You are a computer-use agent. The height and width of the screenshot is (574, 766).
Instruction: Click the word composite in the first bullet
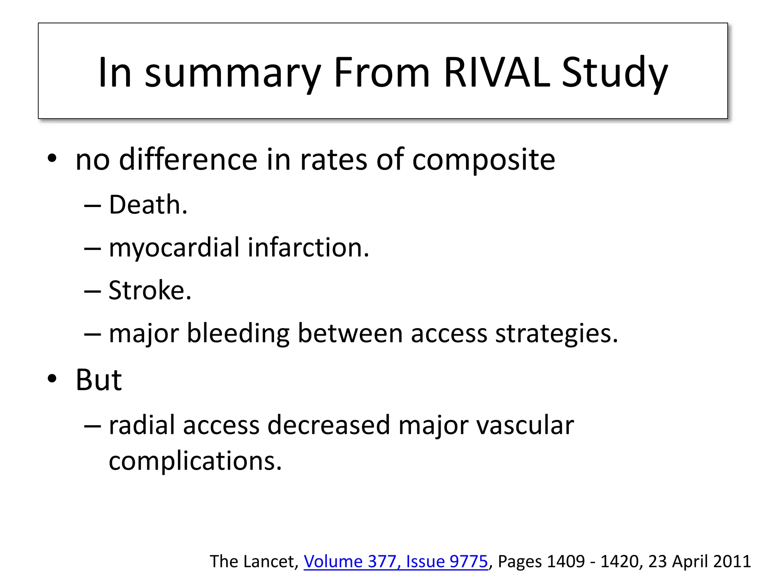pos(483,160)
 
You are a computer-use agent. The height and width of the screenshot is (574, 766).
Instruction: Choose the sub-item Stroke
pos(150,290)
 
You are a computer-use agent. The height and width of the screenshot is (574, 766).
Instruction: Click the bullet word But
pos(98,380)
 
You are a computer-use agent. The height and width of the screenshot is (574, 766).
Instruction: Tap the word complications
pos(195,461)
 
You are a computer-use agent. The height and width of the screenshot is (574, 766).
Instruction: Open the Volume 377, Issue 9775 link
pos(396,561)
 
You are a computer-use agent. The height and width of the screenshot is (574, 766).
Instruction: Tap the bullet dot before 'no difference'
pos(52,158)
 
